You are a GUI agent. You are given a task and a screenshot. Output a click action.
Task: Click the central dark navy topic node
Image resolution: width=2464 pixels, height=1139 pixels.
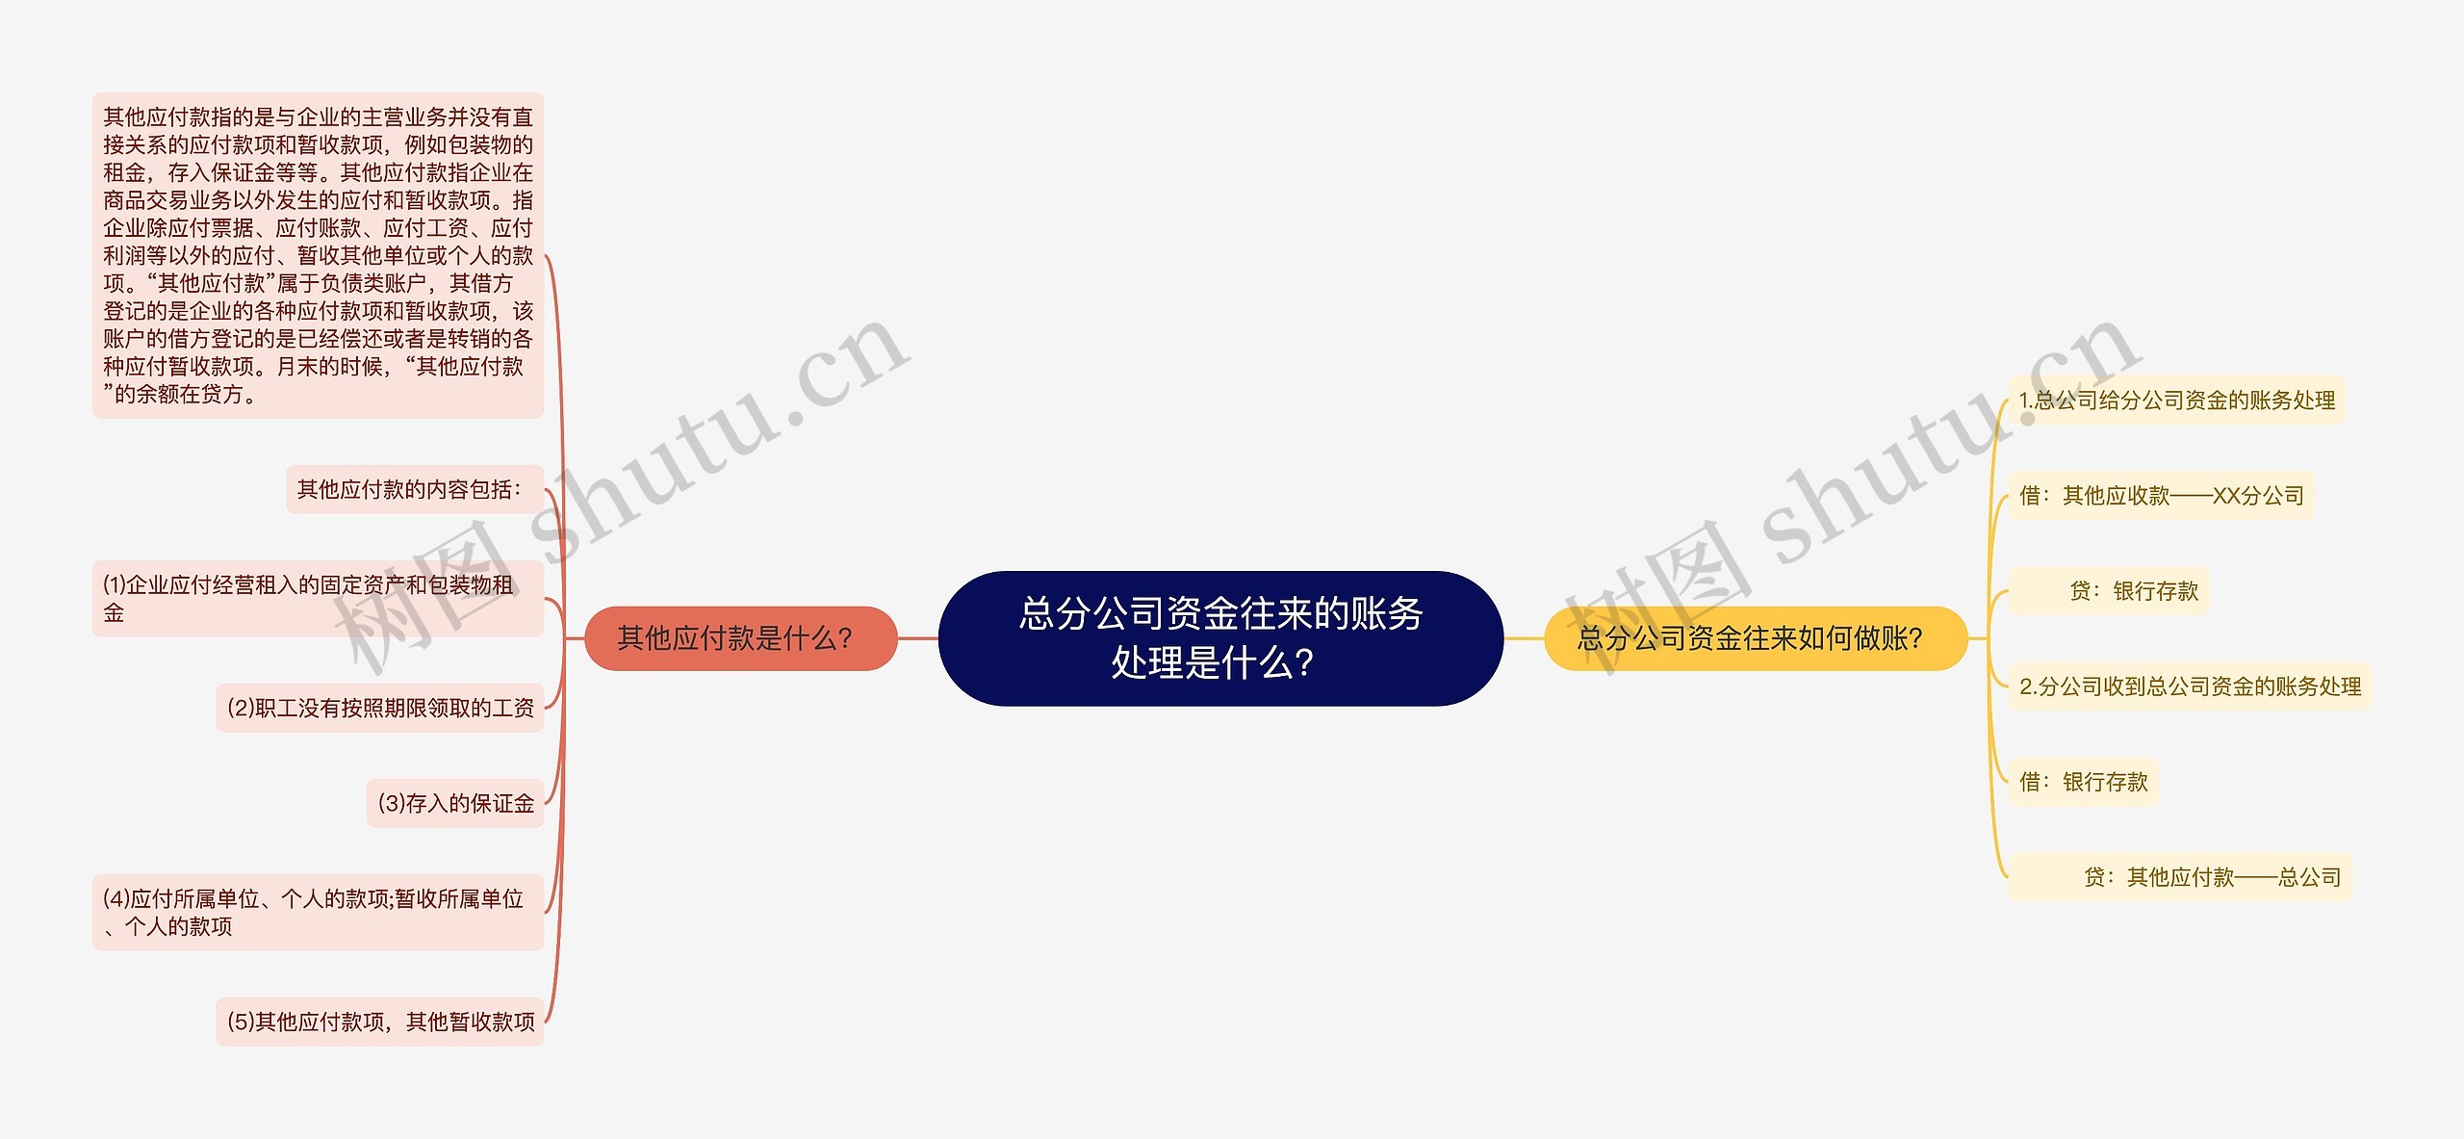(1220, 638)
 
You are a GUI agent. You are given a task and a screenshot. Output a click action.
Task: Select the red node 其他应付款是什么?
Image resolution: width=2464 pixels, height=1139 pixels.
(741, 638)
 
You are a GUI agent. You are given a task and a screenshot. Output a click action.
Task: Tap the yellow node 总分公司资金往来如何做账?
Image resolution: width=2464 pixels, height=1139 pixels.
(1756, 638)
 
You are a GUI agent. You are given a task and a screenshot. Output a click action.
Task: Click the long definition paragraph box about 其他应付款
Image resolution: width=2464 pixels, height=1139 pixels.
(319, 255)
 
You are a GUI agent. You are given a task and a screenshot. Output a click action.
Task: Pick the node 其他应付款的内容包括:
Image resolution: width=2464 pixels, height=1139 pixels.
(415, 489)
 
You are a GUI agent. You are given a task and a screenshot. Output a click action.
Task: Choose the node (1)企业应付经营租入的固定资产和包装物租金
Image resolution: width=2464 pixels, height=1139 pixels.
(319, 598)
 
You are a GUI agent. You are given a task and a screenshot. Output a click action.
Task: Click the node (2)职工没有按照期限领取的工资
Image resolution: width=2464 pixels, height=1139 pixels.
(380, 708)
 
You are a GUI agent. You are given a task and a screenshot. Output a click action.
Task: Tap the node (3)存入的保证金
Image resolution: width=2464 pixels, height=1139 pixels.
(455, 803)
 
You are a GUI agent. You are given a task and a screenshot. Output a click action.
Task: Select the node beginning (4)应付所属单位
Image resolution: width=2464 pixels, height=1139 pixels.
(319, 912)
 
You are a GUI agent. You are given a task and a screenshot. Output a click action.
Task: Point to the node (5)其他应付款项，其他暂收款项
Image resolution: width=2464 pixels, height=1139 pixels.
(380, 1022)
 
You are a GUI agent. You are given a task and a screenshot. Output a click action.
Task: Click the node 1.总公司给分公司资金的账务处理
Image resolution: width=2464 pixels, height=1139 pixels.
(2177, 400)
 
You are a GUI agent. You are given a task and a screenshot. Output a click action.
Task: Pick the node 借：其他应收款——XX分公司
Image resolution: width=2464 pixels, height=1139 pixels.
(2162, 495)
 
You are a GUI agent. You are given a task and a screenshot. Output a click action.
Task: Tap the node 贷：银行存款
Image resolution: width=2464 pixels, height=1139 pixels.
(2109, 590)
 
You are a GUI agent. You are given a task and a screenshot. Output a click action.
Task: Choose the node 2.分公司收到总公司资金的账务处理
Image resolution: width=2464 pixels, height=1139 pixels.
(2190, 686)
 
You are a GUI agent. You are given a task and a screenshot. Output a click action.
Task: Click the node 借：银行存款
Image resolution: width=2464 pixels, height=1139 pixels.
(2084, 781)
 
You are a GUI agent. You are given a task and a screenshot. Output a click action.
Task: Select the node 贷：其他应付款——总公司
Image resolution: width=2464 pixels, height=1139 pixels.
(2180, 876)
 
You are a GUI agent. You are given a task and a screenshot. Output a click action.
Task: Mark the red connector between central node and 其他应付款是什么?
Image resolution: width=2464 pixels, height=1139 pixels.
(918, 638)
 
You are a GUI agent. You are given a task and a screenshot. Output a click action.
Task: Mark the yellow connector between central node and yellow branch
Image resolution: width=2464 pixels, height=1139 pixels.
(1524, 638)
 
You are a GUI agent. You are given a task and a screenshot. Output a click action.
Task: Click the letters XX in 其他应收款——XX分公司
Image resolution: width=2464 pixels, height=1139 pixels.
(2227, 496)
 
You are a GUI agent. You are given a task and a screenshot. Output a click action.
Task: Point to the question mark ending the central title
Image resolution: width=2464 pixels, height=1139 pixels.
(1304, 663)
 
